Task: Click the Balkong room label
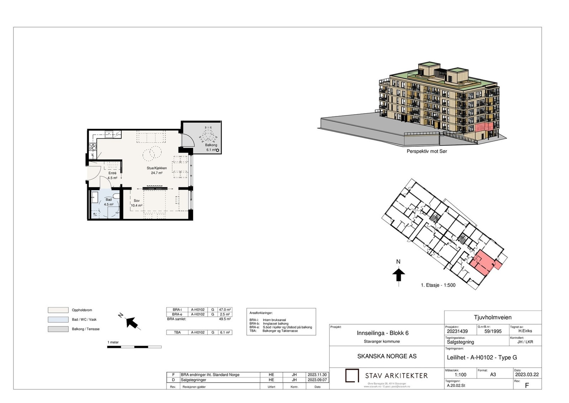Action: (x=211, y=145)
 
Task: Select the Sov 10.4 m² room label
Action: (x=137, y=203)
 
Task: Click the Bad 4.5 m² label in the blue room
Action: (x=108, y=202)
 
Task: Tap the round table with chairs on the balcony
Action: (x=207, y=135)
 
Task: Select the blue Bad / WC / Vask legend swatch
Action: (x=58, y=320)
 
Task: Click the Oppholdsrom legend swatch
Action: (x=58, y=310)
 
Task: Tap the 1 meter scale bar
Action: (x=134, y=347)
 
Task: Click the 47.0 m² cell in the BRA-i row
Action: (x=225, y=310)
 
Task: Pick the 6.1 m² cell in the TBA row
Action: (x=225, y=333)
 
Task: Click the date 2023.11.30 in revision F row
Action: (x=317, y=375)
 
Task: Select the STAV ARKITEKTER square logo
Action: (x=352, y=376)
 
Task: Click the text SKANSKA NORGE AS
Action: (x=387, y=356)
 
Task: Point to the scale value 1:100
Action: (x=460, y=375)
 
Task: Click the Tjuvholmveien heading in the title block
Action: (x=493, y=318)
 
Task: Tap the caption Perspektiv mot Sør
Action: (x=427, y=151)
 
